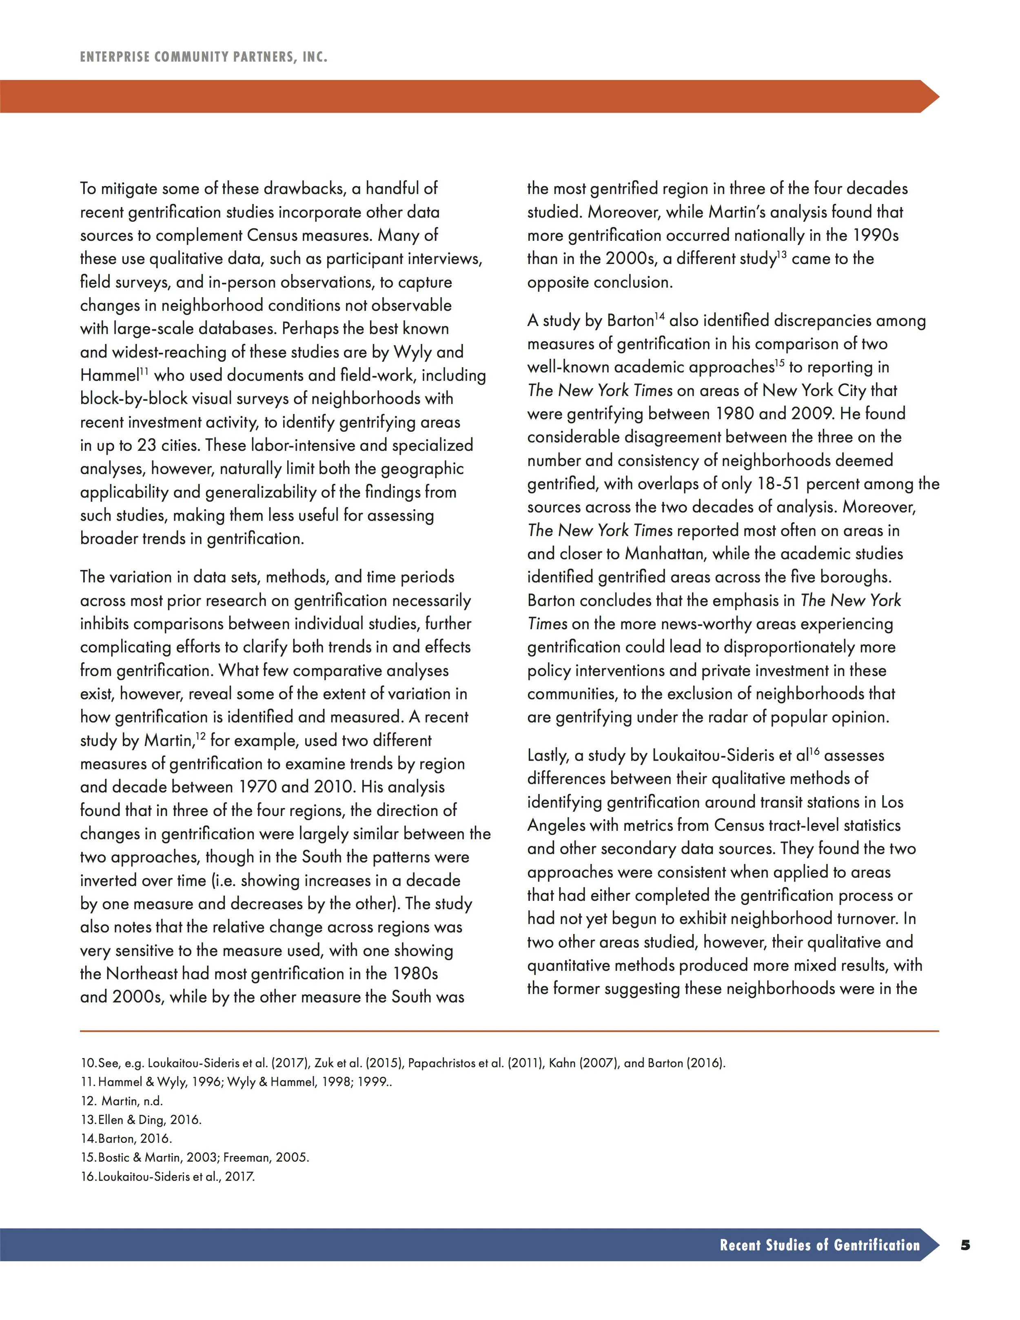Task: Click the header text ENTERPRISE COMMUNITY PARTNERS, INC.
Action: pyautogui.click(x=204, y=58)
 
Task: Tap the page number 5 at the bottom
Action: pyautogui.click(x=965, y=1245)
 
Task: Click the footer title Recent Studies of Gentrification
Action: pyautogui.click(x=819, y=1245)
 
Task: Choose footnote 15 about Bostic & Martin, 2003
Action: pyautogui.click(x=195, y=1158)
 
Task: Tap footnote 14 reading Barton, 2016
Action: pyautogui.click(x=126, y=1139)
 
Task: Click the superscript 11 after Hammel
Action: pyautogui.click(x=145, y=370)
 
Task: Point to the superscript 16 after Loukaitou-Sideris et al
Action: pyautogui.click(x=814, y=751)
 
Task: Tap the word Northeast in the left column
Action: pyautogui.click(x=142, y=974)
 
